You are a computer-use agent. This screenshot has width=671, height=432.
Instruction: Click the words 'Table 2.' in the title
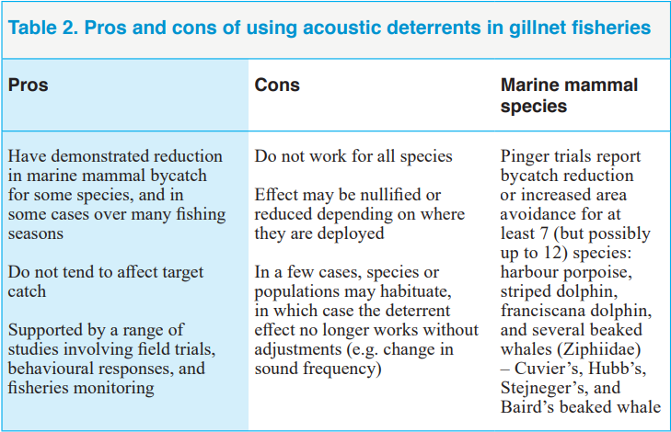click(x=42, y=28)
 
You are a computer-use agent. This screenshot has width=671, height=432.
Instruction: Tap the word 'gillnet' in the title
click(x=537, y=28)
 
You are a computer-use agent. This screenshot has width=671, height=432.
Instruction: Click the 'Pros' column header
click(x=28, y=85)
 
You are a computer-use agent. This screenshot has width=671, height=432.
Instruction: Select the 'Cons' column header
click(x=277, y=85)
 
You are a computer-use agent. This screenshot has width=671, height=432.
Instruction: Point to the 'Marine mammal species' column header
click(x=569, y=95)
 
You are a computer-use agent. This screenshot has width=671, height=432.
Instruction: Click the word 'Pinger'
click(x=526, y=157)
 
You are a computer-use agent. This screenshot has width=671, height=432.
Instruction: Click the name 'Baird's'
click(x=527, y=407)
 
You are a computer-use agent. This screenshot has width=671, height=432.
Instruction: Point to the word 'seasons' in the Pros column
click(x=36, y=234)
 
